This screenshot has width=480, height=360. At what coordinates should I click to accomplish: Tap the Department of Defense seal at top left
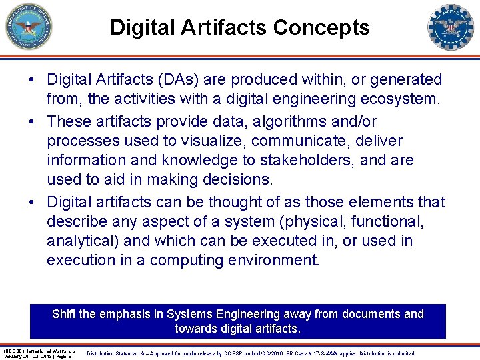coord(27,27)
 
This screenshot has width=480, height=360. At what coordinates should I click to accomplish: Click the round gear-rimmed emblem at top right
coord(451,27)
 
